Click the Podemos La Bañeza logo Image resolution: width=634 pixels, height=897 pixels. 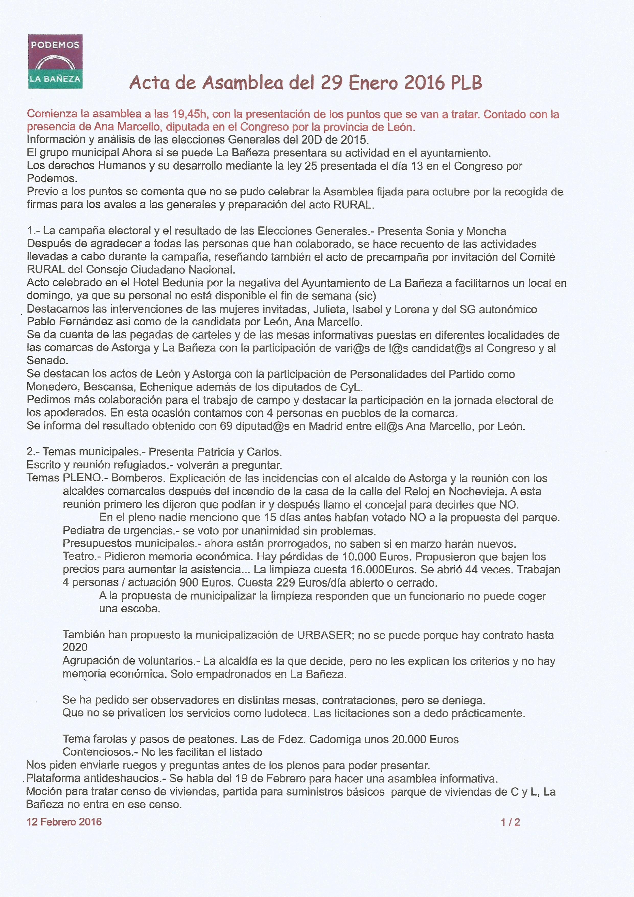coord(55,61)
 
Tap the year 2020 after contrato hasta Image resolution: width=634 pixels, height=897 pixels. coord(75,647)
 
